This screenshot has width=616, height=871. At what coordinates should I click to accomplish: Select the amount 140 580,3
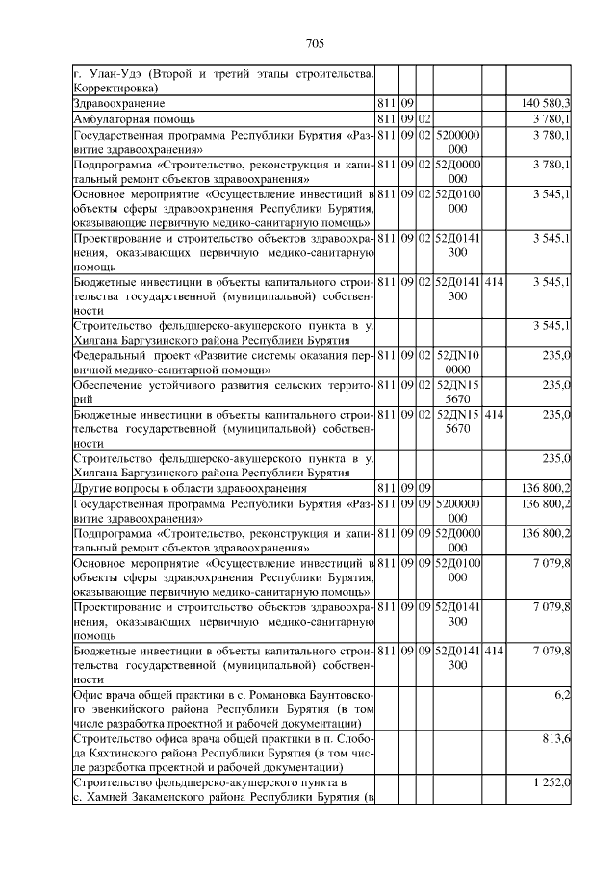tap(547, 102)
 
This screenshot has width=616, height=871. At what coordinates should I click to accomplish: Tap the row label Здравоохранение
tap(119, 102)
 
